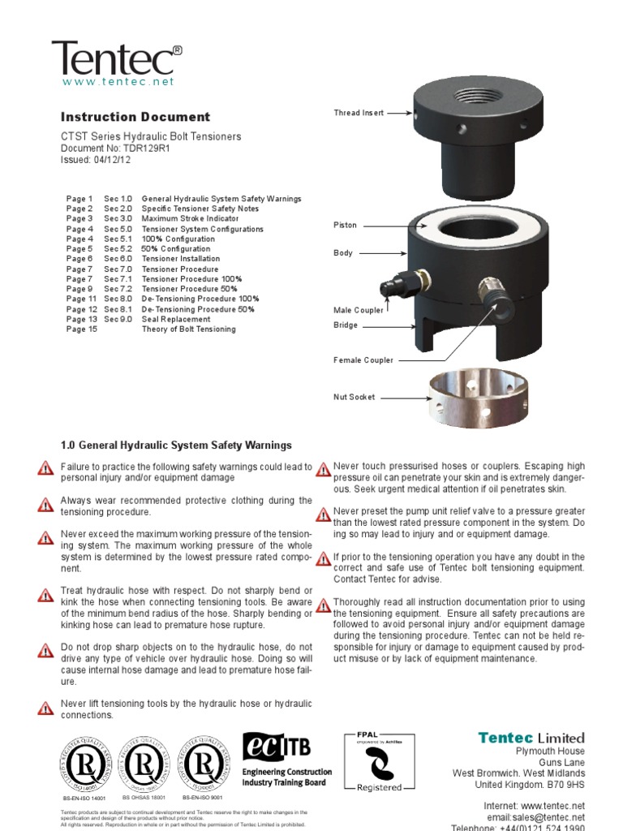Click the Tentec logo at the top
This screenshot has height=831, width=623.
coord(117,58)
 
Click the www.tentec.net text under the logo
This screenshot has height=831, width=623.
coord(118,82)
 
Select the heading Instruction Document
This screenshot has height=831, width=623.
coord(135,117)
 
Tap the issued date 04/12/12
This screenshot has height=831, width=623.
coord(113,160)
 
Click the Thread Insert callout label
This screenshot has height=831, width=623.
coord(359,114)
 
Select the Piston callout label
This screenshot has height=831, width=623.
coord(345,225)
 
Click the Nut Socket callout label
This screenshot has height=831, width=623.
coord(355,398)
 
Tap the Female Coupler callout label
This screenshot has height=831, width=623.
coord(363,360)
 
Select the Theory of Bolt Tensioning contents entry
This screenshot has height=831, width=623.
coord(188,329)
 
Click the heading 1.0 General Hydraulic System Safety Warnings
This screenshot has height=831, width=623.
coord(176,446)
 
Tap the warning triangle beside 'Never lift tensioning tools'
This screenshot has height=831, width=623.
coord(45,708)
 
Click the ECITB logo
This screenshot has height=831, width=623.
coord(287,758)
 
